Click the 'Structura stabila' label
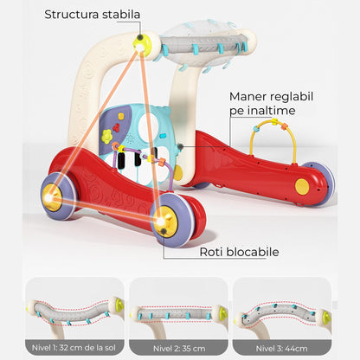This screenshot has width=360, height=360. tap(92, 15)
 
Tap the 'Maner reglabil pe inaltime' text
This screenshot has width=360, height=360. tap(271, 103)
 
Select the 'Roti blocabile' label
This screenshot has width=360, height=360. tap(239, 252)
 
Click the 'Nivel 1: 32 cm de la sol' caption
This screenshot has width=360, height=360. tap(74, 348)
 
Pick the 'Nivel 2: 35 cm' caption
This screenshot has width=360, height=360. tap(179, 348)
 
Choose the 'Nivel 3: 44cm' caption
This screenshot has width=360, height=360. tap(281, 348)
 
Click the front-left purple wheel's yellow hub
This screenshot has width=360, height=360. tap(52, 198)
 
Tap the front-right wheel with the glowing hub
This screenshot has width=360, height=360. tap(170, 220)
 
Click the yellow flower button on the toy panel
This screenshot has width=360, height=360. tap(106, 136)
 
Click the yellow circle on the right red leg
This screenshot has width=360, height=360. tap(302, 186)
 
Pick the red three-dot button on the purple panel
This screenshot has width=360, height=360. tap(117, 127)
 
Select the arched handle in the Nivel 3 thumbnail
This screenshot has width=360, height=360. tap(279, 313)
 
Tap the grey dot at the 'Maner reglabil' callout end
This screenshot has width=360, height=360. tap(181, 146)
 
